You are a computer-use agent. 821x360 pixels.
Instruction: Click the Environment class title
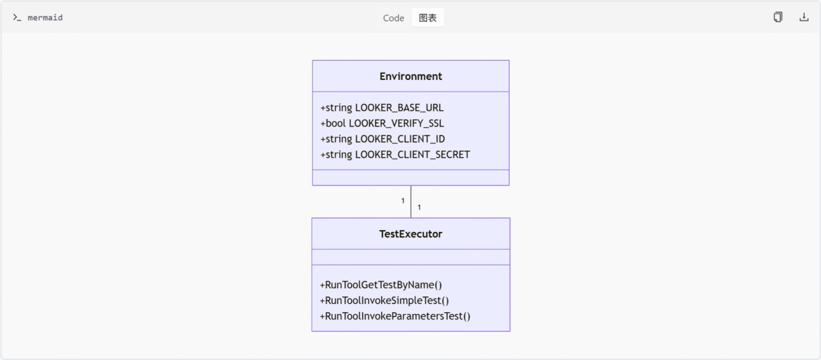point(410,76)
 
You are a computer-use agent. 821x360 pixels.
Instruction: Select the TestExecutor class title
point(410,234)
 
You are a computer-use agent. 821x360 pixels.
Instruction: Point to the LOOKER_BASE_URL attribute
point(382,107)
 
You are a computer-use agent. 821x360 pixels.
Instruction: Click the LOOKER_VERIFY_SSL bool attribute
point(382,123)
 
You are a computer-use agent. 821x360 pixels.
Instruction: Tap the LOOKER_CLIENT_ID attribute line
point(382,139)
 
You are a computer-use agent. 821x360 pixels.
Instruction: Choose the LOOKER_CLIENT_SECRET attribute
point(395,155)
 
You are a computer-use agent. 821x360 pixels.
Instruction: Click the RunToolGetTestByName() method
point(381,285)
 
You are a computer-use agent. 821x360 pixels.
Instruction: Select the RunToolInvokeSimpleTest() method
point(384,300)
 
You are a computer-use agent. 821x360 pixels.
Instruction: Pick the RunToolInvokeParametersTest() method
point(395,316)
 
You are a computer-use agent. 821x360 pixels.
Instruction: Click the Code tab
point(393,18)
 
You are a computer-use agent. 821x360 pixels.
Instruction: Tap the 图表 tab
point(428,18)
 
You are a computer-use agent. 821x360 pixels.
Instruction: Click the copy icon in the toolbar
point(778,17)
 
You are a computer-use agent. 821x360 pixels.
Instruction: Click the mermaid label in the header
point(45,18)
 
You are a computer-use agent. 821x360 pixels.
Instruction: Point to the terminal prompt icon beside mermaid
point(17,18)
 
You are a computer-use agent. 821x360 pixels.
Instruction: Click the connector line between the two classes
point(410,202)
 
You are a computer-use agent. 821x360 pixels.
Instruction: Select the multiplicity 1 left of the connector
point(403,201)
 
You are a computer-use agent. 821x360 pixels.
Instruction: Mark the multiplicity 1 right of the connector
point(419,207)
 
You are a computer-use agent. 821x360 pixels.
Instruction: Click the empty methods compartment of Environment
point(410,177)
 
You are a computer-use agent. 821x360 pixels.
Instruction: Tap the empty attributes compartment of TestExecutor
point(410,257)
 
